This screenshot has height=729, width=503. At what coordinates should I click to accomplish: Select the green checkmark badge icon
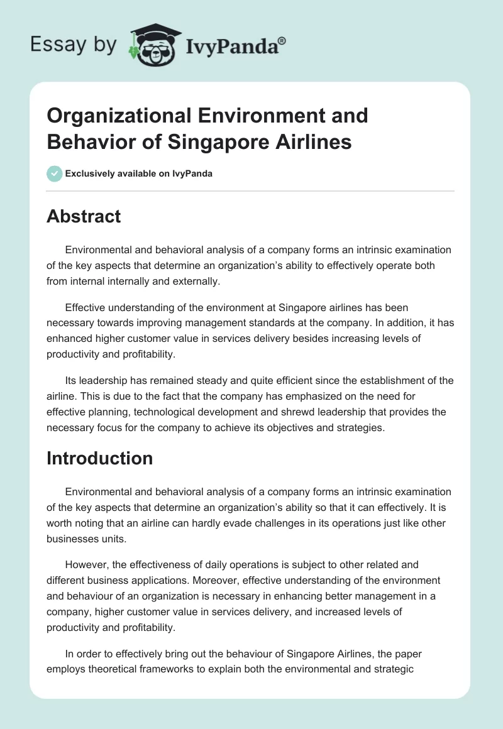tap(54, 173)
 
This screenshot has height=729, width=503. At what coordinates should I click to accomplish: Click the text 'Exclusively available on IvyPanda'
tap(138, 173)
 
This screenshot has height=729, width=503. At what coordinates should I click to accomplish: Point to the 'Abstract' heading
tap(84, 216)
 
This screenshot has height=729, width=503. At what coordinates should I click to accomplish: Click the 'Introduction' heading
tap(99, 458)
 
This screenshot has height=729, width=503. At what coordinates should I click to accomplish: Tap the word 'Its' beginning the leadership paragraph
tap(72, 381)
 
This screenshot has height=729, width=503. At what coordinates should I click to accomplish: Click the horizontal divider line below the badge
tap(250, 190)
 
